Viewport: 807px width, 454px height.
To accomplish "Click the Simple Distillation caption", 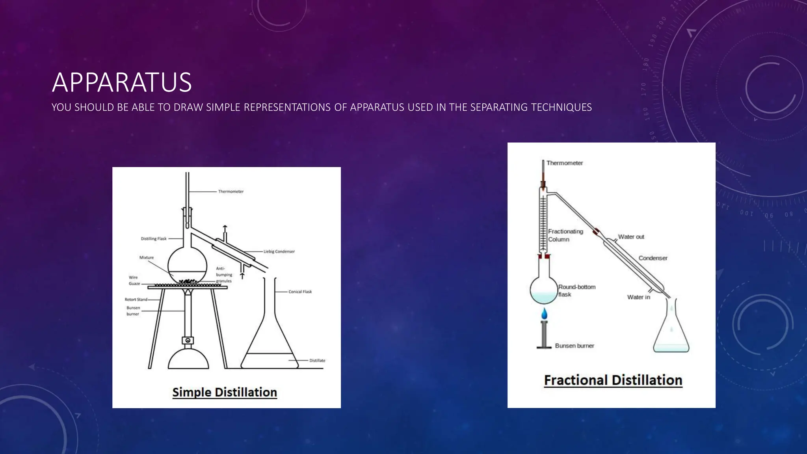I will tap(225, 392).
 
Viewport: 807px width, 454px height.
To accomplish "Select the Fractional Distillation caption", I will tap(613, 380).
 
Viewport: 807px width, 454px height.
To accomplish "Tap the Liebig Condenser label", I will tap(279, 251).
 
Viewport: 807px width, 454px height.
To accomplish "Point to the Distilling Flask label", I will tap(154, 239).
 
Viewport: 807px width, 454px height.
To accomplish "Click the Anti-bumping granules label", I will tap(224, 275).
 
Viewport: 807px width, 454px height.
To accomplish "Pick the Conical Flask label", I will tap(300, 292).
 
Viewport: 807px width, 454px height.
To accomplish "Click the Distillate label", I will tap(317, 361).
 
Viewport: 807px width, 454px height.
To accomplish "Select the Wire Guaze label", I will tap(134, 280).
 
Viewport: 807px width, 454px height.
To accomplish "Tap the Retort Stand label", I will tap(136, 300).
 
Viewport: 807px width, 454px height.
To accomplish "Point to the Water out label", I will tap(631, 237).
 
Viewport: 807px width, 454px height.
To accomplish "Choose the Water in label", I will tap(638, 297).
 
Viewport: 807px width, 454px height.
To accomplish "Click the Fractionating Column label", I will tap(565, 235).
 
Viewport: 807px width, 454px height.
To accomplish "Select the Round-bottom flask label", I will tap(576, 290).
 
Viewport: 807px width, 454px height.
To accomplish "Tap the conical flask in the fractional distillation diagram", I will tap(671, 331).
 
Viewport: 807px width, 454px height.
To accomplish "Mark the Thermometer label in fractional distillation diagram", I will tap(564, 163).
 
